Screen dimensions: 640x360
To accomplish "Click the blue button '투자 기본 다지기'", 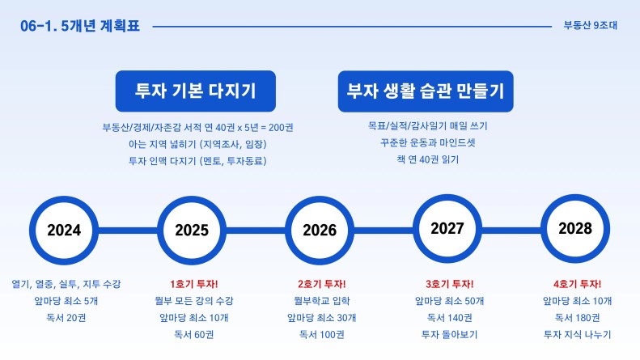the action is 196,91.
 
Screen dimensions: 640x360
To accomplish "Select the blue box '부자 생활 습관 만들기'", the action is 426,91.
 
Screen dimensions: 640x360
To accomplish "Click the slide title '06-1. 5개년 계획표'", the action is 80,26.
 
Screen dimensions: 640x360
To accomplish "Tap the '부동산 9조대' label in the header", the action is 590,25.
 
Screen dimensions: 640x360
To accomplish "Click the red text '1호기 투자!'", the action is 194,284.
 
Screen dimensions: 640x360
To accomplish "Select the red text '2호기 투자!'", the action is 322,284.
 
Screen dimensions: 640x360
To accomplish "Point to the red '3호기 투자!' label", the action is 449,284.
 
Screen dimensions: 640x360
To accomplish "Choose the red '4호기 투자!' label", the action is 577,284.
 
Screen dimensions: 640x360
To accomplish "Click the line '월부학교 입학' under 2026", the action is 322,301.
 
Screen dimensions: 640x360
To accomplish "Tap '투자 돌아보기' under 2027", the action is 449,334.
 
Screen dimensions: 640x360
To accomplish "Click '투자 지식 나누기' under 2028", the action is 577,334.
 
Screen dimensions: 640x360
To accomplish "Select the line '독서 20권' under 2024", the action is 66,318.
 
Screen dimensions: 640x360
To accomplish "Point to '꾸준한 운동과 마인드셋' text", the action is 428,142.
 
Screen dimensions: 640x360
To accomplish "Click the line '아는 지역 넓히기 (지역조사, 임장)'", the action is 197,144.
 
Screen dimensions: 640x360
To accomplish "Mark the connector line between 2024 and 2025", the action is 128,231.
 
